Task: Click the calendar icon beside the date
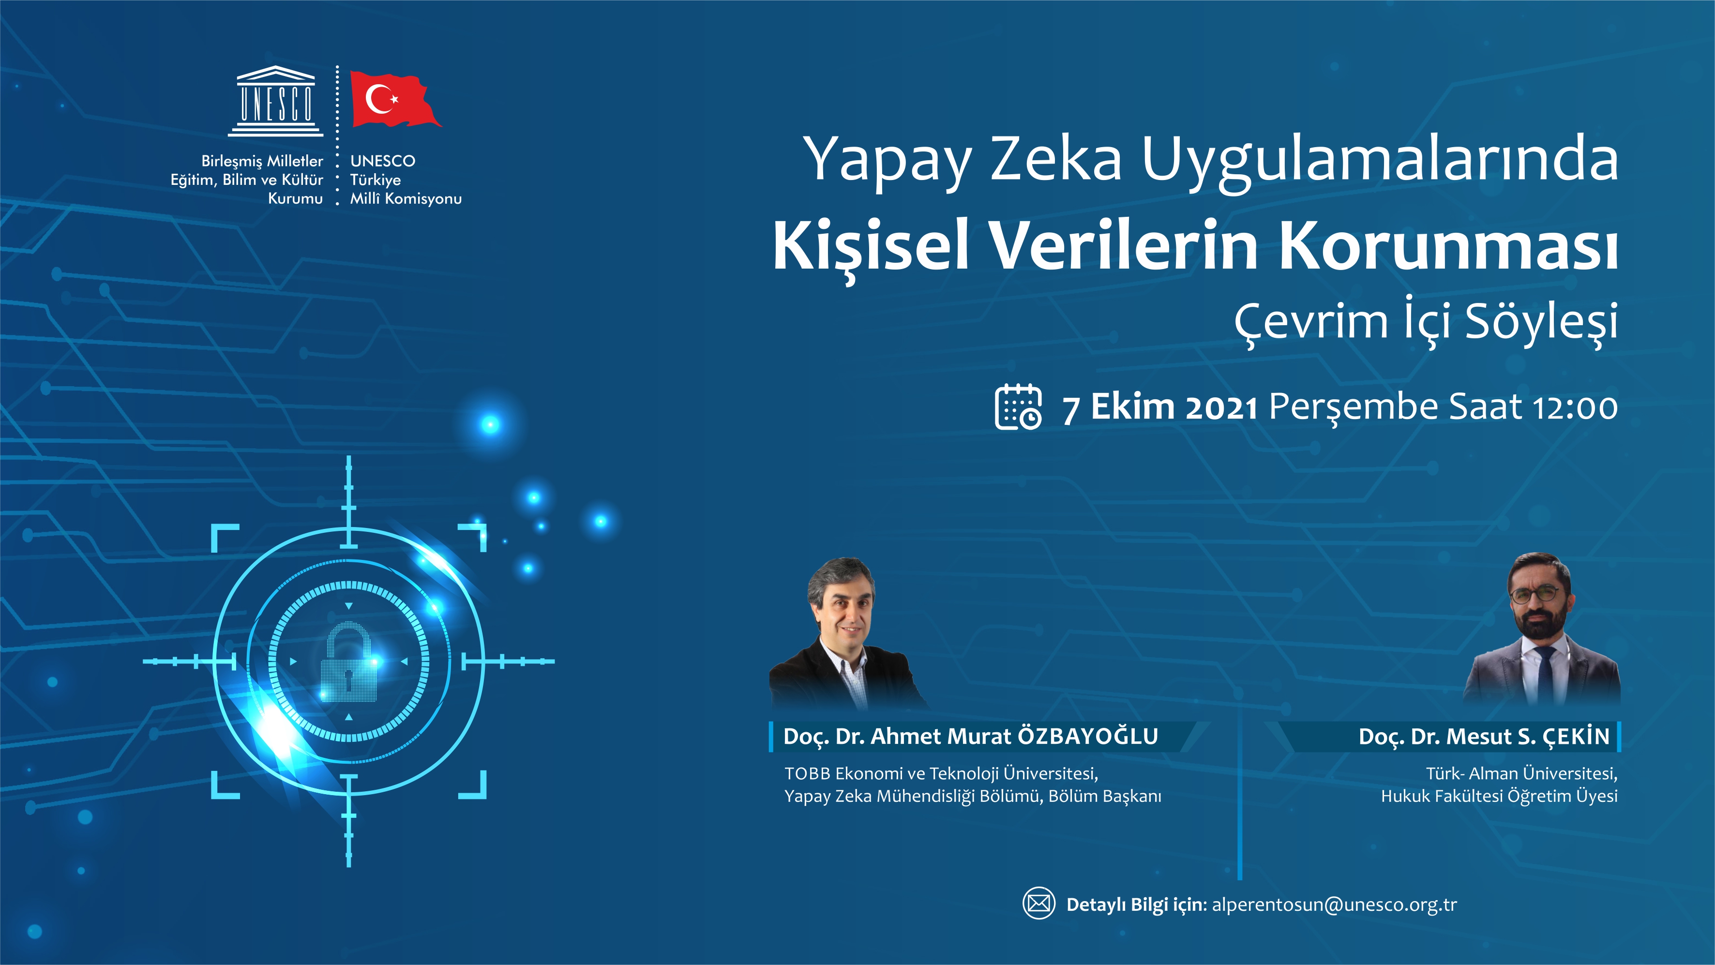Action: pos(1018,407)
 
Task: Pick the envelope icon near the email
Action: pos(1038,903)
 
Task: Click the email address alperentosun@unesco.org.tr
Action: pos(1334,905)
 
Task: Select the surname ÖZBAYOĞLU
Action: pos(1088,736)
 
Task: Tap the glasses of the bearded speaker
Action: pos(1536,594)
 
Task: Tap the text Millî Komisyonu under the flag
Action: pos(406,198)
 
